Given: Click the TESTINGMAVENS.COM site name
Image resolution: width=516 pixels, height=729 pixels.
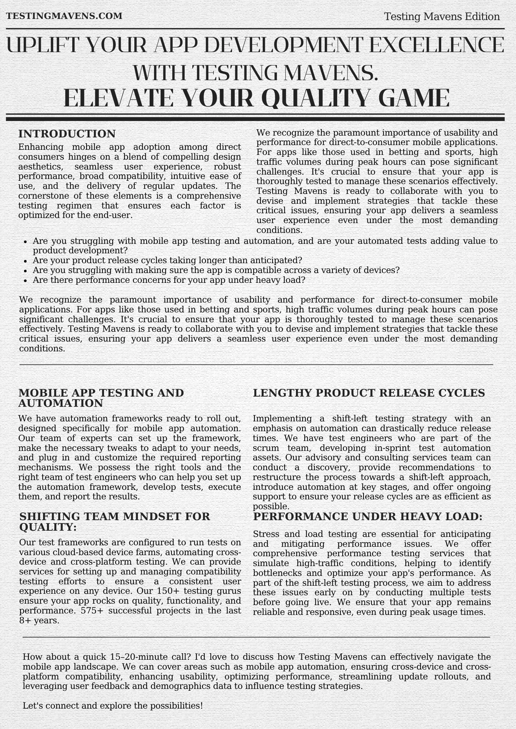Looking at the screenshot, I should tap(64, 16).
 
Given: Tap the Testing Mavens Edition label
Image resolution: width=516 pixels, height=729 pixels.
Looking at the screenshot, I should tap(442, 17).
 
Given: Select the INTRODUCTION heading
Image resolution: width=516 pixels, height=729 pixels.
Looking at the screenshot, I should tap(67, 134).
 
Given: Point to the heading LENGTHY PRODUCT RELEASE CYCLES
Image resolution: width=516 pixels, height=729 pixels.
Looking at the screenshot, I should tap(369, 393).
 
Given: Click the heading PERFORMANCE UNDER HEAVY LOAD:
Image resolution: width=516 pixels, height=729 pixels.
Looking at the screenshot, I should tap(367, 516).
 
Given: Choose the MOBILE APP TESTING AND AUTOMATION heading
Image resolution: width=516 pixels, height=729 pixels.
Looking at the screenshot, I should tap(101, 398).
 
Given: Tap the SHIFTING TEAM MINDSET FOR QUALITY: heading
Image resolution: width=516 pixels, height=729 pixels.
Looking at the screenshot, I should tap(115, 522).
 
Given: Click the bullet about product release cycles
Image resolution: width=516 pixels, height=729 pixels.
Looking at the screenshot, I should tap(167, 260).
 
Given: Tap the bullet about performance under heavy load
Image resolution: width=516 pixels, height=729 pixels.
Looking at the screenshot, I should tap(169, 280).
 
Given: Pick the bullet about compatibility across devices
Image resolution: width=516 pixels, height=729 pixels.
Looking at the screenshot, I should tap(216, 270).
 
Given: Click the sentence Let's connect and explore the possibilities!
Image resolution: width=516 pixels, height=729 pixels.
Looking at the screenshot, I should tap(112, 706).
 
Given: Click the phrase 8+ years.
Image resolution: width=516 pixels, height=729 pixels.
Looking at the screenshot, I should tap(39, 620).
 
